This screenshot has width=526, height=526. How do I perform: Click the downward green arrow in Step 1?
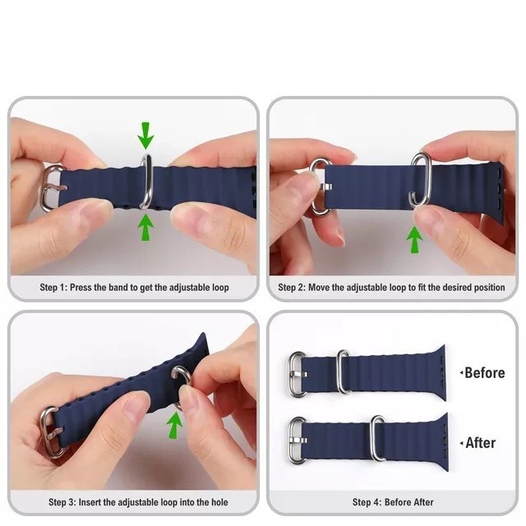tap(145, 135)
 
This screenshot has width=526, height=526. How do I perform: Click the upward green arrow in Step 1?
tap(145, 228)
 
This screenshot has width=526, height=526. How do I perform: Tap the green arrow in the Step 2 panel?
tap(414, 239)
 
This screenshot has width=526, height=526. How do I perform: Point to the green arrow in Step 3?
tap(175, 425)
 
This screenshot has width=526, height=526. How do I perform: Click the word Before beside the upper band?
tap(485, 373)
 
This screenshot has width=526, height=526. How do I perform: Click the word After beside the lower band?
tap(480, 443)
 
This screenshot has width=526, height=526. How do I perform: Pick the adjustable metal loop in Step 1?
tap(147, 181)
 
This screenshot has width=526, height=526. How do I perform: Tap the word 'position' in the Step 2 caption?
tap(489, 288)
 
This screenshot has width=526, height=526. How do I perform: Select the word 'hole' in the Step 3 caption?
tap(219, 502)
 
